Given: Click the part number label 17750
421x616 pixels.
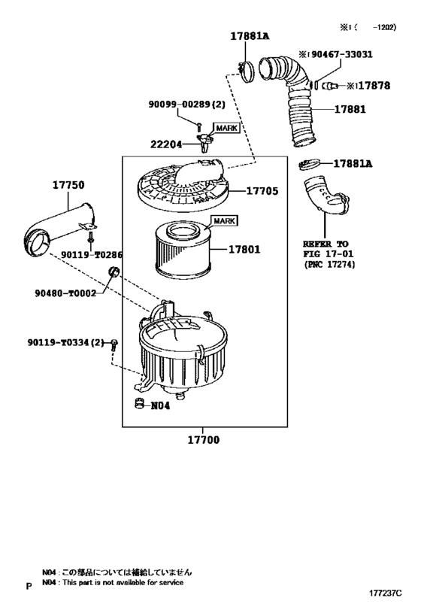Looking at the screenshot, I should coord(68,184).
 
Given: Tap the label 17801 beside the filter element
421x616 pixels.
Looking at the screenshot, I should coord(245,248).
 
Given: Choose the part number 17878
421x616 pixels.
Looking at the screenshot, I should coord(374,86).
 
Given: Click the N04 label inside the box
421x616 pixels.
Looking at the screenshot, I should coord(161,405).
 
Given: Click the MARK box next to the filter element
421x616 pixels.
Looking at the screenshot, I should coord(223,221).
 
